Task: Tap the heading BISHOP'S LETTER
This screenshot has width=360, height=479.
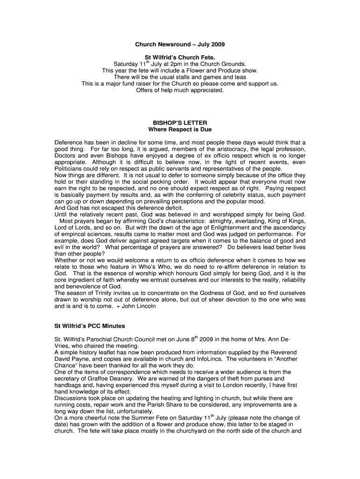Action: click(180, 123)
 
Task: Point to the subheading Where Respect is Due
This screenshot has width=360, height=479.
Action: click(180, 129)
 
